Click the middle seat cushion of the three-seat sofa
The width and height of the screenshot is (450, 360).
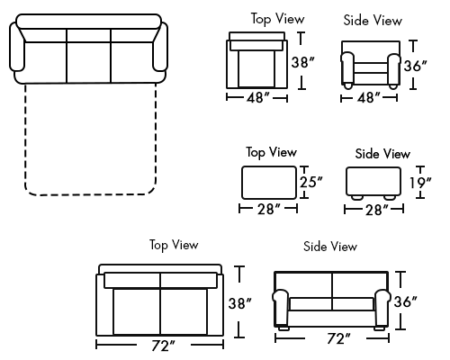tap(89, 62)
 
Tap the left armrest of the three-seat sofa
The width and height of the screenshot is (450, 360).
tap(17, 47)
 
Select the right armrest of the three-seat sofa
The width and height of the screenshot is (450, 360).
tap(160, 47)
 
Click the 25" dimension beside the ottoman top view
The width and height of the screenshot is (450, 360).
tap(310, 182)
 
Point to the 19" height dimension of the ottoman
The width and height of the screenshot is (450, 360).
tap(420, 183)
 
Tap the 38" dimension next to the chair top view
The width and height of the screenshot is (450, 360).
tap(303, 63)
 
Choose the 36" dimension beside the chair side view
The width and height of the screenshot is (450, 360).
tap(416, 66)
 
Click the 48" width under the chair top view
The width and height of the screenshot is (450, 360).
tap(258, 98)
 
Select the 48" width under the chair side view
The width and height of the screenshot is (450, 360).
tap(369, 98)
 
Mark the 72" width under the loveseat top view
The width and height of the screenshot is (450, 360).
tap(163, 346)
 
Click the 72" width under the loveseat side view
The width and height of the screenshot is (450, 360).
tap(338, 338)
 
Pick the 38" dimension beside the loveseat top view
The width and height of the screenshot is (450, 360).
tap(240, 303)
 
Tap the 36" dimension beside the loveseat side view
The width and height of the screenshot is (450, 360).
tap(406, 301)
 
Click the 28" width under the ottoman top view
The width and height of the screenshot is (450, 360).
tap(269, 209)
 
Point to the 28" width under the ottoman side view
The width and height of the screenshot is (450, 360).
tap(377, 210)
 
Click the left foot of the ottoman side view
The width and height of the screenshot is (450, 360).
tap(357, 198)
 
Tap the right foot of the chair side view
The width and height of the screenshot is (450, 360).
tap(393, 86)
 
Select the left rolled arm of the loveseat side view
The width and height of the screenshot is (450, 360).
tap(281, 308)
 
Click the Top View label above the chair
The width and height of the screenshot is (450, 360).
tap(278, 19)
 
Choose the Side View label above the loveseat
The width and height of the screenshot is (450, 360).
tap(330, 247)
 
